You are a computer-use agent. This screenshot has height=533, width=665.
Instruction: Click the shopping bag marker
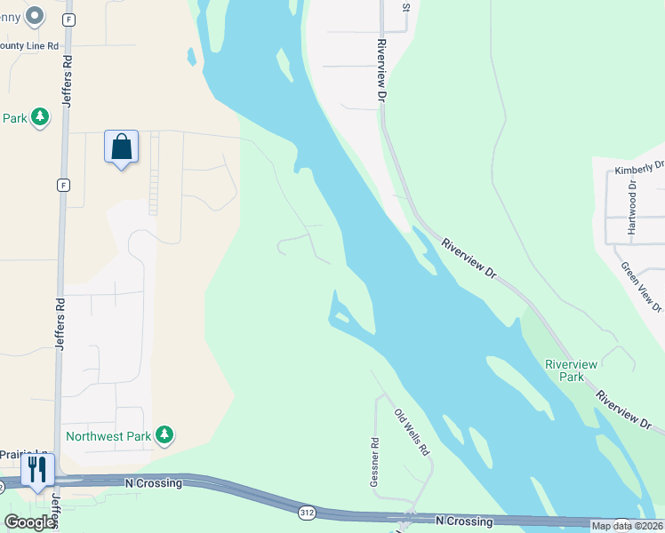pyautogui.click(x=122, y=147)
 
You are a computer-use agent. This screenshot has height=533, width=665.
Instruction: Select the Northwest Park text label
pyautogui.click(x=108, y=436)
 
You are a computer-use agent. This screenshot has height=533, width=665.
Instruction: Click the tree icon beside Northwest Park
pyautogui.click(x=164, y=434)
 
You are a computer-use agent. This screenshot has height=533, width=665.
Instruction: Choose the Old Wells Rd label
pyautogui.click(x=413, y=432)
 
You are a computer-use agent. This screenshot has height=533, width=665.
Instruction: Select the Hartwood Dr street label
pyautogui.click(x=632, y=208)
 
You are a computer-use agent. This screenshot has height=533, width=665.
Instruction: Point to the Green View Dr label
pyautogui.click(x=641, y=286)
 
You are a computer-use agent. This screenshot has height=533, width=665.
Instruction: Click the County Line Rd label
pyautogui.click(x=29, y=45)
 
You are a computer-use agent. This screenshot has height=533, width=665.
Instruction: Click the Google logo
pyautogui.click(x=29, y=522)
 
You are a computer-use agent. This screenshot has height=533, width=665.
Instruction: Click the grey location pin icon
pyautogui.click(x=35, y=15)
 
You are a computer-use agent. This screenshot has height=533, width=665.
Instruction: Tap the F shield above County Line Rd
pyautogui.click(x=69, y=19)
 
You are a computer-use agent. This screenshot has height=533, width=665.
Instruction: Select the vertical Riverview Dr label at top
pyautogui.click(x=382, y=69)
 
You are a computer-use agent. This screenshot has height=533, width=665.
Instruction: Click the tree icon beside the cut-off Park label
pyautogui.click(x=39, y=116)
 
